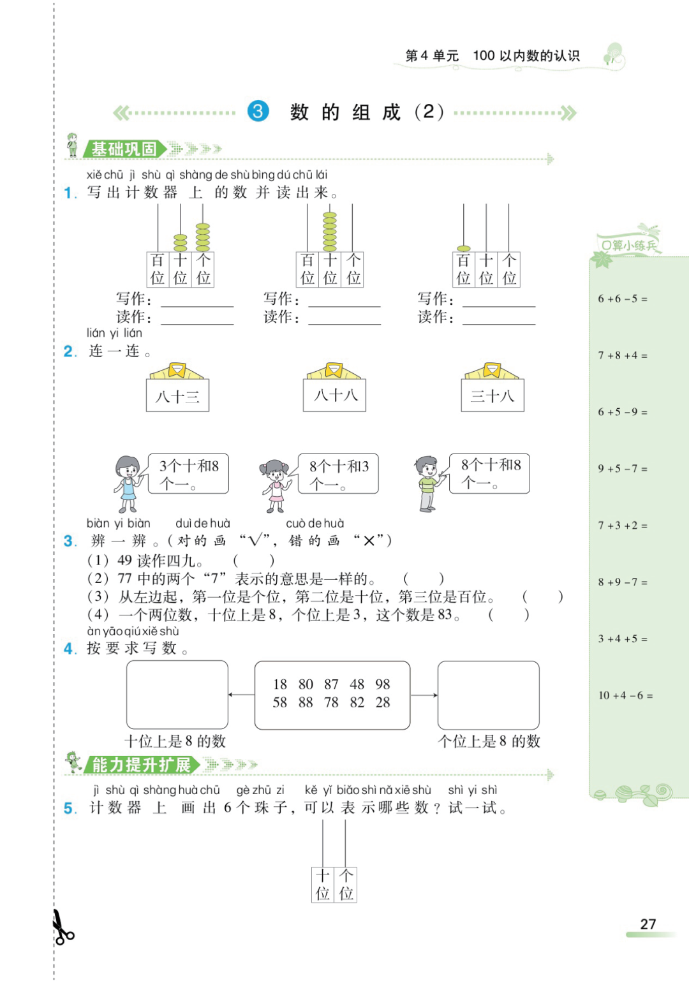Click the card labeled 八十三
click(177, 395)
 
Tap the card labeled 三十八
click(493, 395)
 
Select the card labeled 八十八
click(335, 395)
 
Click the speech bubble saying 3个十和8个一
click(188, 474)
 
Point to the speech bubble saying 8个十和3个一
click(338, 474)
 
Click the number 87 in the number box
click(331, 684)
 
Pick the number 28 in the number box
click(383, 702)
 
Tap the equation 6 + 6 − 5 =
click(623, 299)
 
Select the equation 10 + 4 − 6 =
click(625, 695)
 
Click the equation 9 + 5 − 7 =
click(623, 469)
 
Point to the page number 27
click(648, 924)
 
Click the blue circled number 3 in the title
click(258, 112)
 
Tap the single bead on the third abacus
click(464, 248)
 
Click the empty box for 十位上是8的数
click(177, 695)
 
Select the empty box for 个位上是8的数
click(489, 695)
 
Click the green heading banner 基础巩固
click(124, 149)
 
